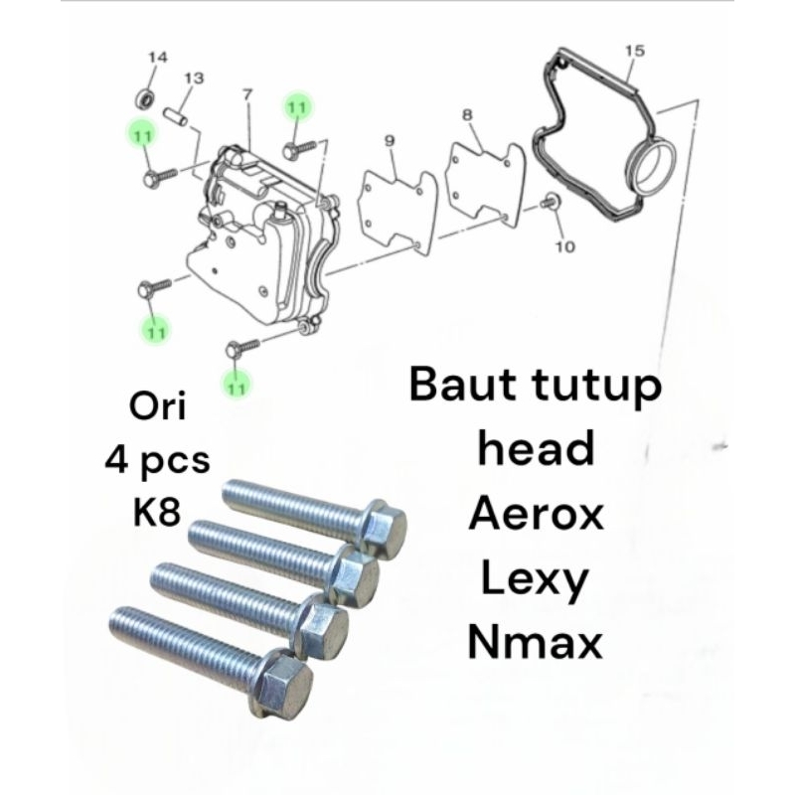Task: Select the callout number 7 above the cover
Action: pyautogui.click(x=246, y=94)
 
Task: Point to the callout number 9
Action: pyautogui.click(x=390, y=141)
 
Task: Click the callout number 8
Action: pyautogui.click(x=467, y=115)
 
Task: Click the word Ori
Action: pyautogui.click(x=154, y=407)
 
